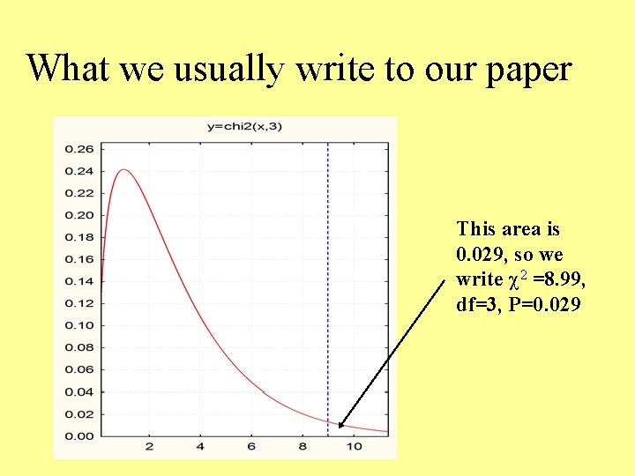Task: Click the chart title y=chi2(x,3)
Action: [244, 126]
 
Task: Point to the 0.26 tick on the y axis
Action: [79, 149]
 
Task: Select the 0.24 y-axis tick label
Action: [79, 171]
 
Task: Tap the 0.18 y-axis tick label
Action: [79, 237]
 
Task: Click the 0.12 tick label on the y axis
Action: [79, 303]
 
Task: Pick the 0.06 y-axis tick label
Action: [79, 369]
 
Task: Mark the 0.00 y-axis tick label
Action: [79, 435]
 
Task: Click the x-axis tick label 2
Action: [149, 447]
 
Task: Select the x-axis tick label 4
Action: [200, 447]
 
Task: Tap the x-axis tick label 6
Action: [251, 447]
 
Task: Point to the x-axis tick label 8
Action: [303, 447]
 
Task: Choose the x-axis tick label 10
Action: [354, 447]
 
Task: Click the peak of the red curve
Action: [124, 170]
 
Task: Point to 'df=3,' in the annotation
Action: [478, 306]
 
